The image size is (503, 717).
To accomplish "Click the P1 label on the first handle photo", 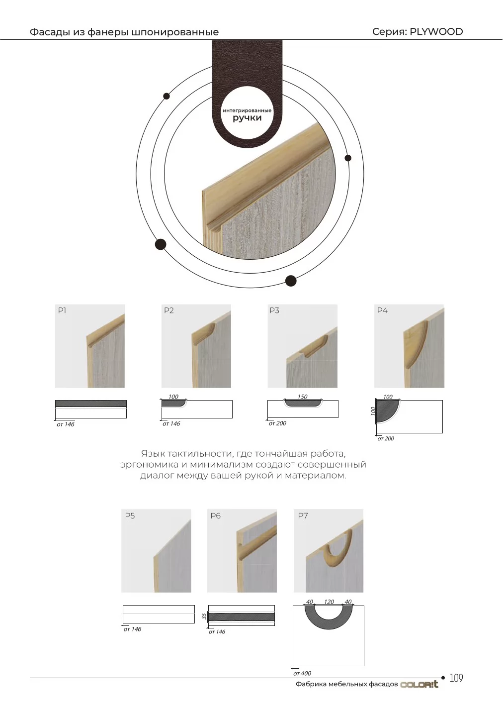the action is (x=62, y=310).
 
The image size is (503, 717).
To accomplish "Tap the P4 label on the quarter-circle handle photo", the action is (x=382, y=310).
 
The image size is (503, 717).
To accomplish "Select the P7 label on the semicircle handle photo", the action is (x=303, y=515).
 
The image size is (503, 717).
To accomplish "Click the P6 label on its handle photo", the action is (x=216, y=515).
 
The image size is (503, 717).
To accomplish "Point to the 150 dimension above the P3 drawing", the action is (x=302, y=397).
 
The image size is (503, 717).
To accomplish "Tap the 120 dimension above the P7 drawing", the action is (x=329, y=602).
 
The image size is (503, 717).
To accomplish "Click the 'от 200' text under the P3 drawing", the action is (x=277, y=423).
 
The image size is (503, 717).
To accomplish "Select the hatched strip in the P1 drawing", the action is (x=91, y=404).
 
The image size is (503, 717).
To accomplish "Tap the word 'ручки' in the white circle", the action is (x=247, y=118).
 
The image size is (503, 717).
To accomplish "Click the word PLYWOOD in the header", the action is (x=436, y=32).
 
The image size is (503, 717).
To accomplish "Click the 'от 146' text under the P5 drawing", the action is (x=132, y=629).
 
